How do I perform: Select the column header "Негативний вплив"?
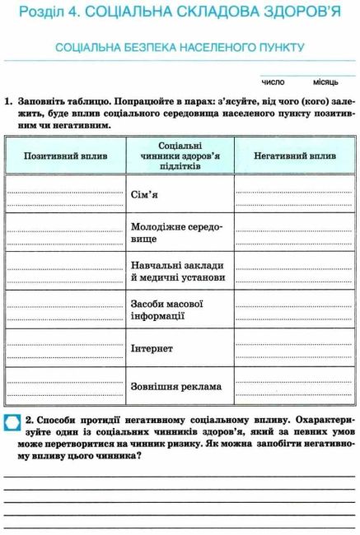pyautogui.click(x=294, y=155)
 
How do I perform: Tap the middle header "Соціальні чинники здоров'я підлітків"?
pyautogui.click(x=179, y=155)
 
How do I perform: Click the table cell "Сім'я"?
pyautogui.click(x=145, y=195)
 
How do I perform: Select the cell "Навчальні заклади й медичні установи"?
pyautogui.click(x=178, y=272)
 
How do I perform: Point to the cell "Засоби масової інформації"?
pyautogui.click(x=167, y=309)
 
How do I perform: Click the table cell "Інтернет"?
pyautogui.click(x=152, y=348)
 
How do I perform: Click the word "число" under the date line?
pyautogui.click(x=273, y=82)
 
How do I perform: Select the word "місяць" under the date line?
pyautogui.click(x=325, y=82)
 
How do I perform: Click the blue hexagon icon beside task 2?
pyautogui.click(x=13, y=423)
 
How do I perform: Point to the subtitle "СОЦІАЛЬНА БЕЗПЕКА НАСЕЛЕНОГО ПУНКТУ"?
pyautogui.click(x=180, y=48)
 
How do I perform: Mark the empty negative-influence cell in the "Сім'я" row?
pyautogui.click(x=294, y=195)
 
